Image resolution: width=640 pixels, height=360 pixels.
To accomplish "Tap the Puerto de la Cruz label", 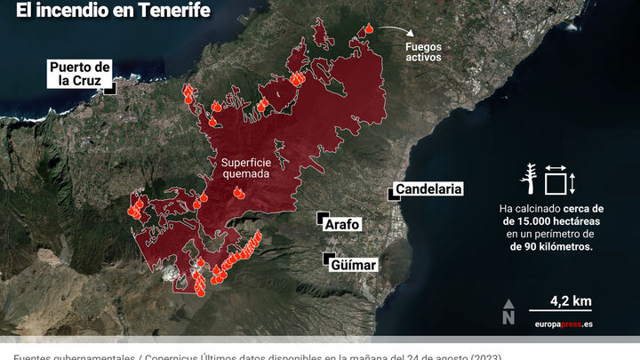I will pos(79,74).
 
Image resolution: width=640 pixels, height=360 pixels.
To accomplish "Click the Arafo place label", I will pos(342,225).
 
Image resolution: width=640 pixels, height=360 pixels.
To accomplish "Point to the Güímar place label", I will pos(354,265).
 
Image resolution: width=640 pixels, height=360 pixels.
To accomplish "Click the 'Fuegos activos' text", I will pos(423,51).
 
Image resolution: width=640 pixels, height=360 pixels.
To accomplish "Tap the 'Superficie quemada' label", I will pos(245,168).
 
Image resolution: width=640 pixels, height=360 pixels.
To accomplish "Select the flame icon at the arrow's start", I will pos(367,31).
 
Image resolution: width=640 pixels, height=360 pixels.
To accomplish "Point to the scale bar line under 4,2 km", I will pos(561,310).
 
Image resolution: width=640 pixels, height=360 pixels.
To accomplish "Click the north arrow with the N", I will pos(508,311).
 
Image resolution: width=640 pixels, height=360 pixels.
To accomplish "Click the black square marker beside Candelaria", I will pos(392,195).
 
